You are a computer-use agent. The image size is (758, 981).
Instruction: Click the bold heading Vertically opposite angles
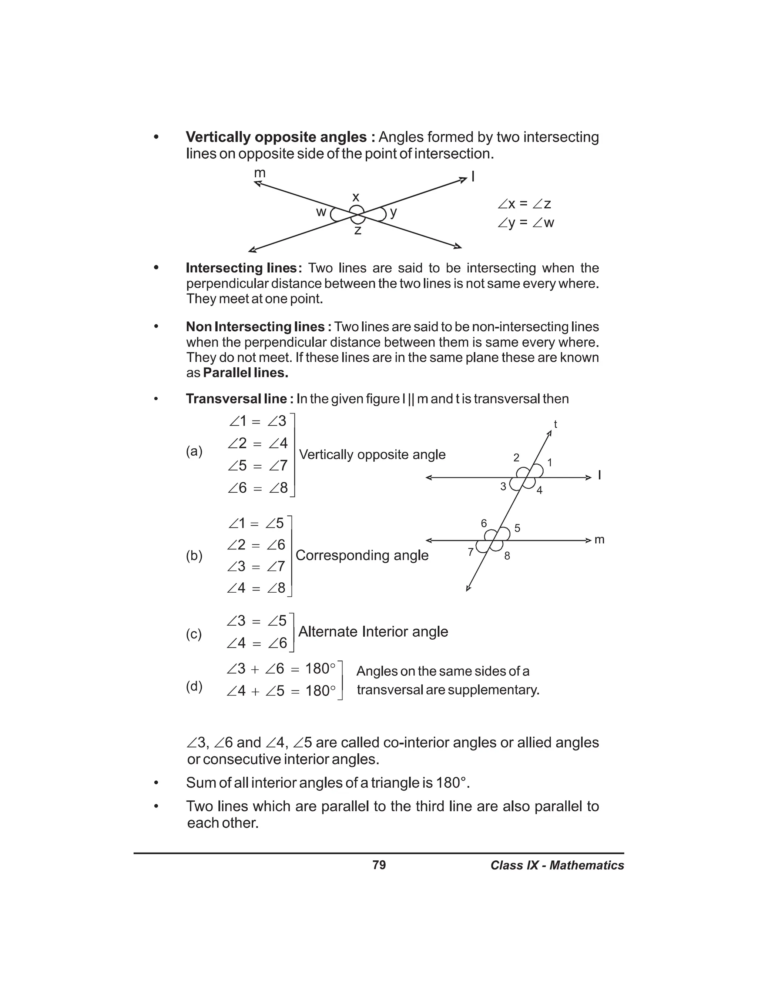[x=280, y=137]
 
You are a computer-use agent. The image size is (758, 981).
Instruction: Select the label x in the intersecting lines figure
[x=356, y=197]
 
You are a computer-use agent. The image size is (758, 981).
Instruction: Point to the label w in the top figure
[x=321, y=212]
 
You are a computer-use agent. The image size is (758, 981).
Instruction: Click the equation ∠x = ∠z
[x=524, y=204]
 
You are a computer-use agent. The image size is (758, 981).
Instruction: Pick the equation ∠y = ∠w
[x=526, y=223]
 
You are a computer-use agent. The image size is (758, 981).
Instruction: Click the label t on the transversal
[x=556, y=424]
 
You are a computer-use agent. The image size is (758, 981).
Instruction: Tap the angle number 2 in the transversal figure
[x=516, y=458]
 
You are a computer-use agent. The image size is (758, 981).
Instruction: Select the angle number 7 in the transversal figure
[x=471, y=552]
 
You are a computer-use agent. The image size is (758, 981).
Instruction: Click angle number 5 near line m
[x=517, y=528]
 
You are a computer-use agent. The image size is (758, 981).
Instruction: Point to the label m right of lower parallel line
[x=600, y=539]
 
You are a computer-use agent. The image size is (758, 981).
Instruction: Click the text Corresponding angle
[x=362, y=555]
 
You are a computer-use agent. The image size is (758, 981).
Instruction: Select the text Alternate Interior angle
[x=373, y=632]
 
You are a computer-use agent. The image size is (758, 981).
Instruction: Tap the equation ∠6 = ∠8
[x=257, y=488]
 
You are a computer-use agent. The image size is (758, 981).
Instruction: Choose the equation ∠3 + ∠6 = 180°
[x=281, y=669]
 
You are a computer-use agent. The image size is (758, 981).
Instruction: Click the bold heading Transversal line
[x=240, y=399]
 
